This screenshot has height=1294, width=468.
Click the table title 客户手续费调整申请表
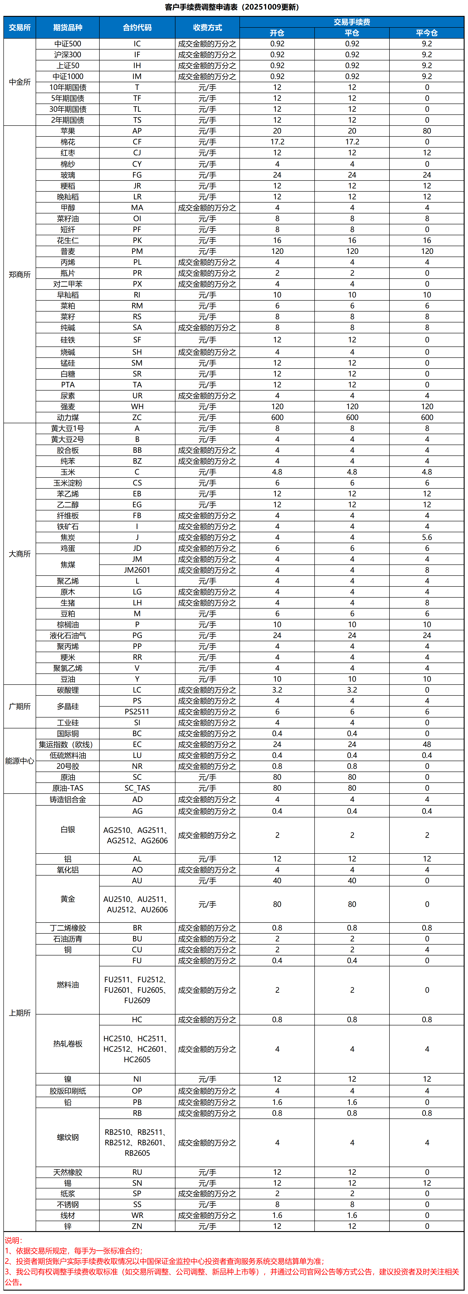(x=232, y=7)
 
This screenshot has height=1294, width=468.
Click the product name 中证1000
(x=68, y=76)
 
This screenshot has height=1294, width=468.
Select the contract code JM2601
(x=137, y=570)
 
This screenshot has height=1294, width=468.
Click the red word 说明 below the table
(x=14, y=1240)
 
